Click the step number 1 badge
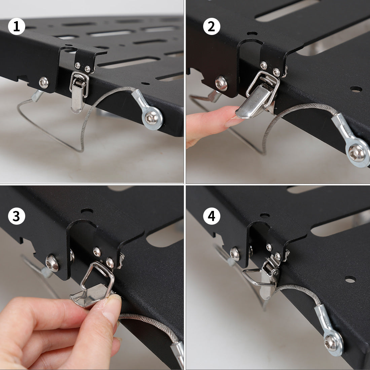(x=16, y=27)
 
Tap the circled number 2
(x=212, y=27)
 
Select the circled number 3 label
(x=16, y=216)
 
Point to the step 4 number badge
(x=212, y=216)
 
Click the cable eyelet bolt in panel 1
(x=151, y=118)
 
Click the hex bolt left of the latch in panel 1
(x=44, y=83)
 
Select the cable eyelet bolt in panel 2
(x=357, y=153)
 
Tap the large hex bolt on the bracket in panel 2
(x=221, y=83)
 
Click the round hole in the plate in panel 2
(x=356, y=89)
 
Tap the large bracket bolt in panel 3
(x=52, y=263)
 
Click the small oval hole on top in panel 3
(x=87, y=211)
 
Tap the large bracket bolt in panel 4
(x=235, y=254)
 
